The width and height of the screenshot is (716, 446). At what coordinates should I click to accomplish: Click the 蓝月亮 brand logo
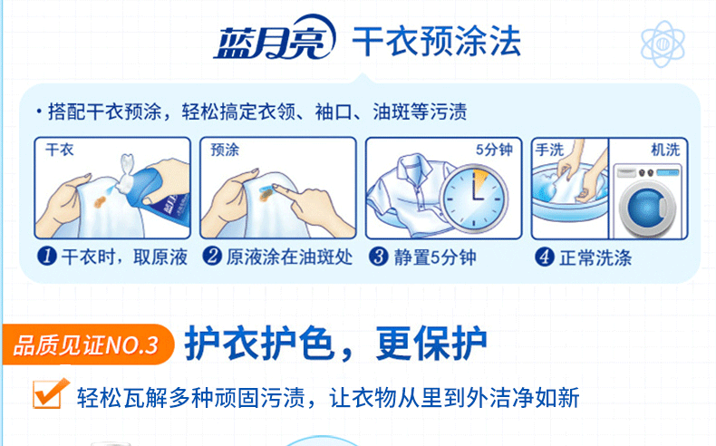(x=275, y=38)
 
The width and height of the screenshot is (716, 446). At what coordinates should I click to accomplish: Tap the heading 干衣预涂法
(x=437, y=42)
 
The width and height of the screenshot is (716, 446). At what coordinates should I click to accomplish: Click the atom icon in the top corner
(x=663, y=44)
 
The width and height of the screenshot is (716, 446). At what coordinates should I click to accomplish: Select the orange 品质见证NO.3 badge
(x=88, y=344)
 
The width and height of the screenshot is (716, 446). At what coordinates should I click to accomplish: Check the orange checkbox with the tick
(x=50, y=393)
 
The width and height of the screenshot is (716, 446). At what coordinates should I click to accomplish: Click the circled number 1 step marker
(x=46, y=257)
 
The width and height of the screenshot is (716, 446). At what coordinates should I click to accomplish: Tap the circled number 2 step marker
(x=212, y=257)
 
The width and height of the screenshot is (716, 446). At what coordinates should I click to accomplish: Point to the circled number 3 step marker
(x=379, y=257)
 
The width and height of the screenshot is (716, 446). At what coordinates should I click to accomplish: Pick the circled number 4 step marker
(x=545, y=257)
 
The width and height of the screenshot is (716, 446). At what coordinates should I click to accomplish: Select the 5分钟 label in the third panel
(x=494, y=150)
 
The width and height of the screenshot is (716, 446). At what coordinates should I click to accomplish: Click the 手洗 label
(x=550, y=150)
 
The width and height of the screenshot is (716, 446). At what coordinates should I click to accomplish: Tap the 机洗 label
(x=665, y=150)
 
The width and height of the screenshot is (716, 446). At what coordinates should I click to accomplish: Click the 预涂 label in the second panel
(x=225, y=150)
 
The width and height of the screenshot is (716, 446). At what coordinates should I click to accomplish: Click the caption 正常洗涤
(x=595, y=258)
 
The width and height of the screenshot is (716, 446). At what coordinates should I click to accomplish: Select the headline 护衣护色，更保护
(x=335, y=344)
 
